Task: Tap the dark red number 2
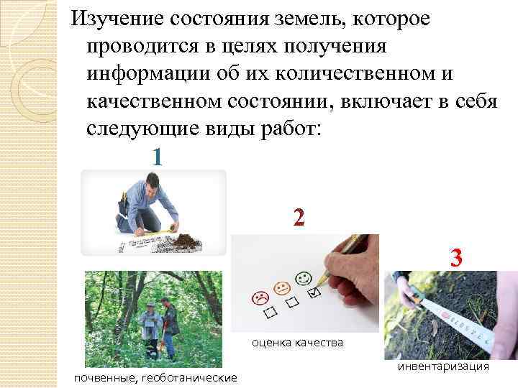(x=299, y=218)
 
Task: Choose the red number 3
(x=455, y=257)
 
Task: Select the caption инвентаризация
(x=442, y=366)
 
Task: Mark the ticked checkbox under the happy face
(x=313, y=293)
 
